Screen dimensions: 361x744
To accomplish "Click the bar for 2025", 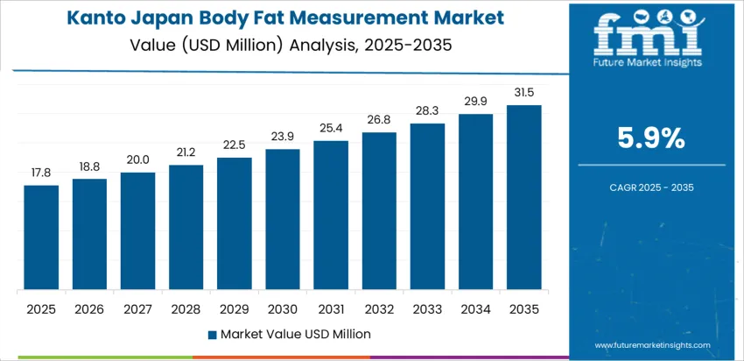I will pyautogui.click(x=41, y=237).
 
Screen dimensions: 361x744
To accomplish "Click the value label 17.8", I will pyautogui.click(x=41, y=173).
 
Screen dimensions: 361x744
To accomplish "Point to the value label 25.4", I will pyautogui.click(x=331, y=129).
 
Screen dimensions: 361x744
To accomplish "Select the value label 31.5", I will pyautogui.click(x=524, y=93).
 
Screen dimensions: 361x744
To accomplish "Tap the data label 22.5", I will pyautogui.click(x=235, y=145).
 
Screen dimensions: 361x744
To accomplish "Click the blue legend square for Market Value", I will pyautogui.click(x=213, y=335).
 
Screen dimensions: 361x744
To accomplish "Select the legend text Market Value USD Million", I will pyautogui.click(x=295, y=334).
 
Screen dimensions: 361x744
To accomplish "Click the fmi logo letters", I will pyautogui.click(x=649, y=33).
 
